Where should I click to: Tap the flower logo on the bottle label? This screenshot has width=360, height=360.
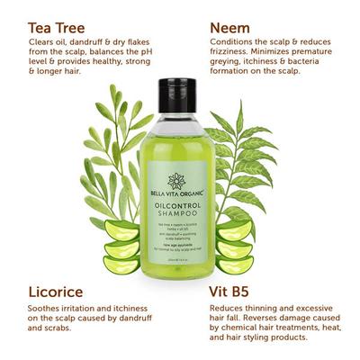(x=176, y=181)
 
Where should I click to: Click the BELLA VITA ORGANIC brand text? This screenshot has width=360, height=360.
(x=176, y=194)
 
